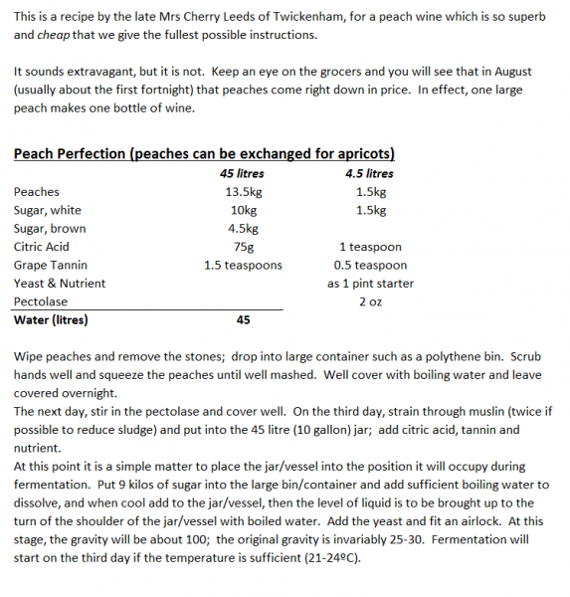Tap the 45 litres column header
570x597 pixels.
[242, 173]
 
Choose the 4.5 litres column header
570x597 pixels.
[370, 173]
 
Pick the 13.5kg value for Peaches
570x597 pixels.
[243, 192]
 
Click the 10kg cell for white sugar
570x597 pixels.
[243, 210]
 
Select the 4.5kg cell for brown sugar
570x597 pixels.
[243, 228]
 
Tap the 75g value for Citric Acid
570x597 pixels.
[243, 247]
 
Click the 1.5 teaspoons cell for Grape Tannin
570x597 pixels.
[243, 265]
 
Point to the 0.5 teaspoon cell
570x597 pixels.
[370, 265]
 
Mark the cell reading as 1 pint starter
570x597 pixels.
[370, 283]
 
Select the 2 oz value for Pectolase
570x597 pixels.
[370, 301]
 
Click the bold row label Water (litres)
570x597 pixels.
[51, 319]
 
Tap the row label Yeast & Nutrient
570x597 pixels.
[59, 283]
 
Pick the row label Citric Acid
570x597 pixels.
[42, 247]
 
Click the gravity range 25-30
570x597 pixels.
[393, 539]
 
